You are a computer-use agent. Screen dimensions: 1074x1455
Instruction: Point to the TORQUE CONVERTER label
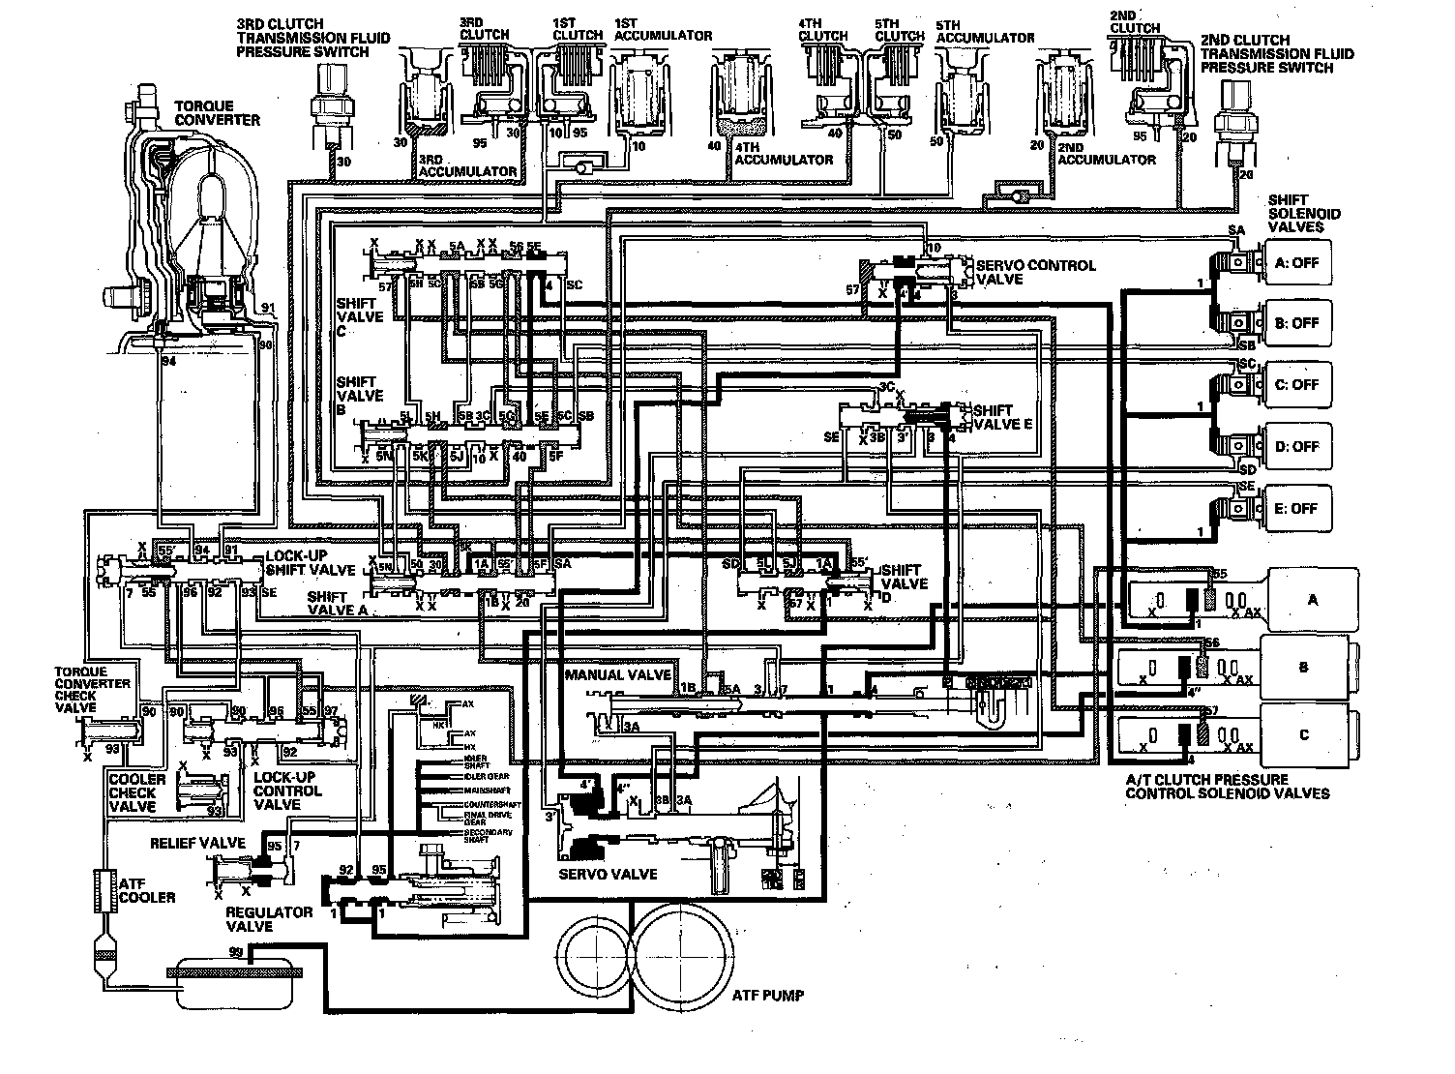(x=217, y=113)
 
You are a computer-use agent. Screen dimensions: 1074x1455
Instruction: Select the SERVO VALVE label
(x=608, y=875)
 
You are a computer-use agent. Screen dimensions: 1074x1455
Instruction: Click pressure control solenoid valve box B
(x=1304, y=668)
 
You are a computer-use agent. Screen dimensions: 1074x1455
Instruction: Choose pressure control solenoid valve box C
(x=1304, y=735)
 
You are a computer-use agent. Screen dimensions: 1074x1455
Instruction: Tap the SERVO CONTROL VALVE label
(x=1035, y=272)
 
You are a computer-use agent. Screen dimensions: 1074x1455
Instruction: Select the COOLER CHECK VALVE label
(x=136, y=792)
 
